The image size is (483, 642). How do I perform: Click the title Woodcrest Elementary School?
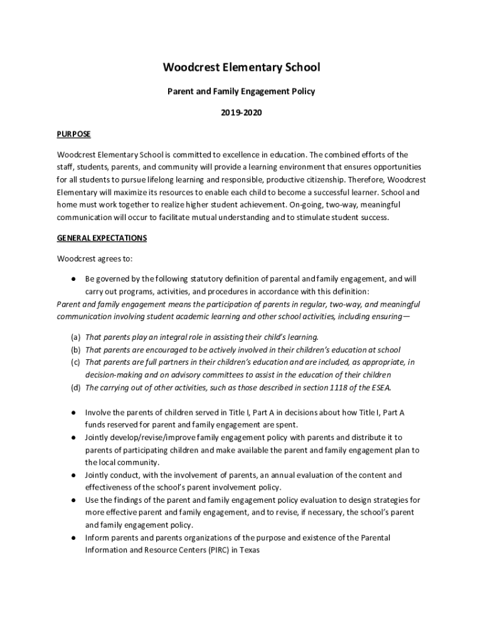241,67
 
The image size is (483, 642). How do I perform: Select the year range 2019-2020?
241,113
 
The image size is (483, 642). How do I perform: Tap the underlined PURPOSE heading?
74,134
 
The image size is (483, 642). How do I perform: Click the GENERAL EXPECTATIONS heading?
102,238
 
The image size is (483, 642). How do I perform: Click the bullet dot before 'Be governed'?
73,279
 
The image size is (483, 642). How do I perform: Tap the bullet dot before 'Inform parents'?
73,538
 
